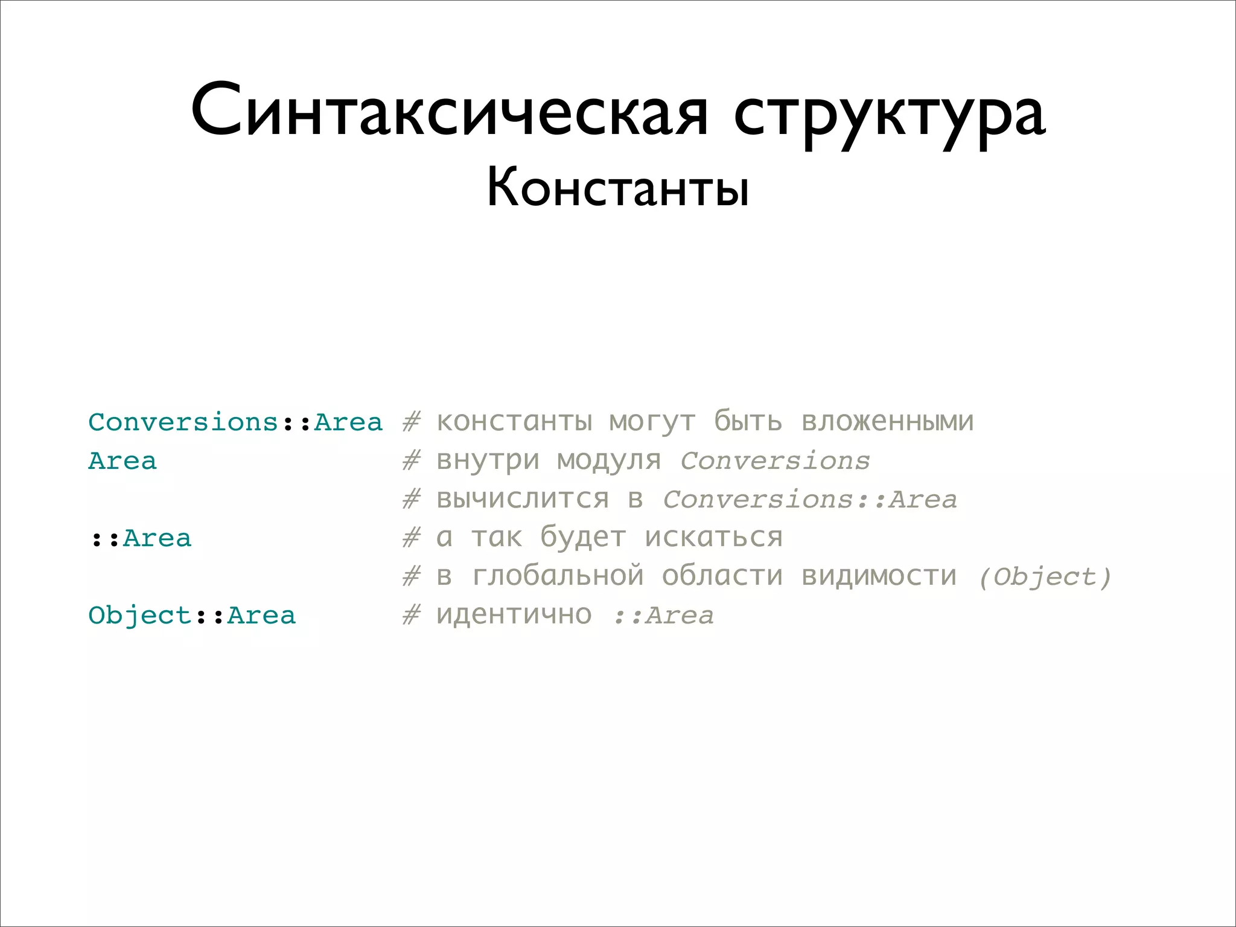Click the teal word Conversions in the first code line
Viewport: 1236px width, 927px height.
click(183, 422)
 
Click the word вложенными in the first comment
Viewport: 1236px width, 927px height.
click(887, 421)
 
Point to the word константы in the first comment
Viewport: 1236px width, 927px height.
click(514, 421)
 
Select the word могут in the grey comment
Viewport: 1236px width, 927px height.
click(652, 422)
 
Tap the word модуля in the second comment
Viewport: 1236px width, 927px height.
click(608, 460)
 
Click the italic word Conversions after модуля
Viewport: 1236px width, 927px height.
click(775, 461)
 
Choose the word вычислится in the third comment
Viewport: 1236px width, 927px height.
click(523, 499)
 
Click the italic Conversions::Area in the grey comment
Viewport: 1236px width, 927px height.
click(809, 500)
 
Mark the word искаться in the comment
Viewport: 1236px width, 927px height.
click(713, 538)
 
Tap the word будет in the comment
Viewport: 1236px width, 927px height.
click(583, 538)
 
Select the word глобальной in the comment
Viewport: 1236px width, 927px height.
click(558, 576)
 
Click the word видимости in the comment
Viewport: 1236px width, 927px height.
click(879, 576)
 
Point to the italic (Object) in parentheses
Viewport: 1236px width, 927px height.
click(1045, 577)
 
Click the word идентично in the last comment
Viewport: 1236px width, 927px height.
click(514, 615)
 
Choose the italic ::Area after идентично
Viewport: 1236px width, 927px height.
click(663, 616)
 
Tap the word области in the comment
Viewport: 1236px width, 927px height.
click(722, 576)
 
